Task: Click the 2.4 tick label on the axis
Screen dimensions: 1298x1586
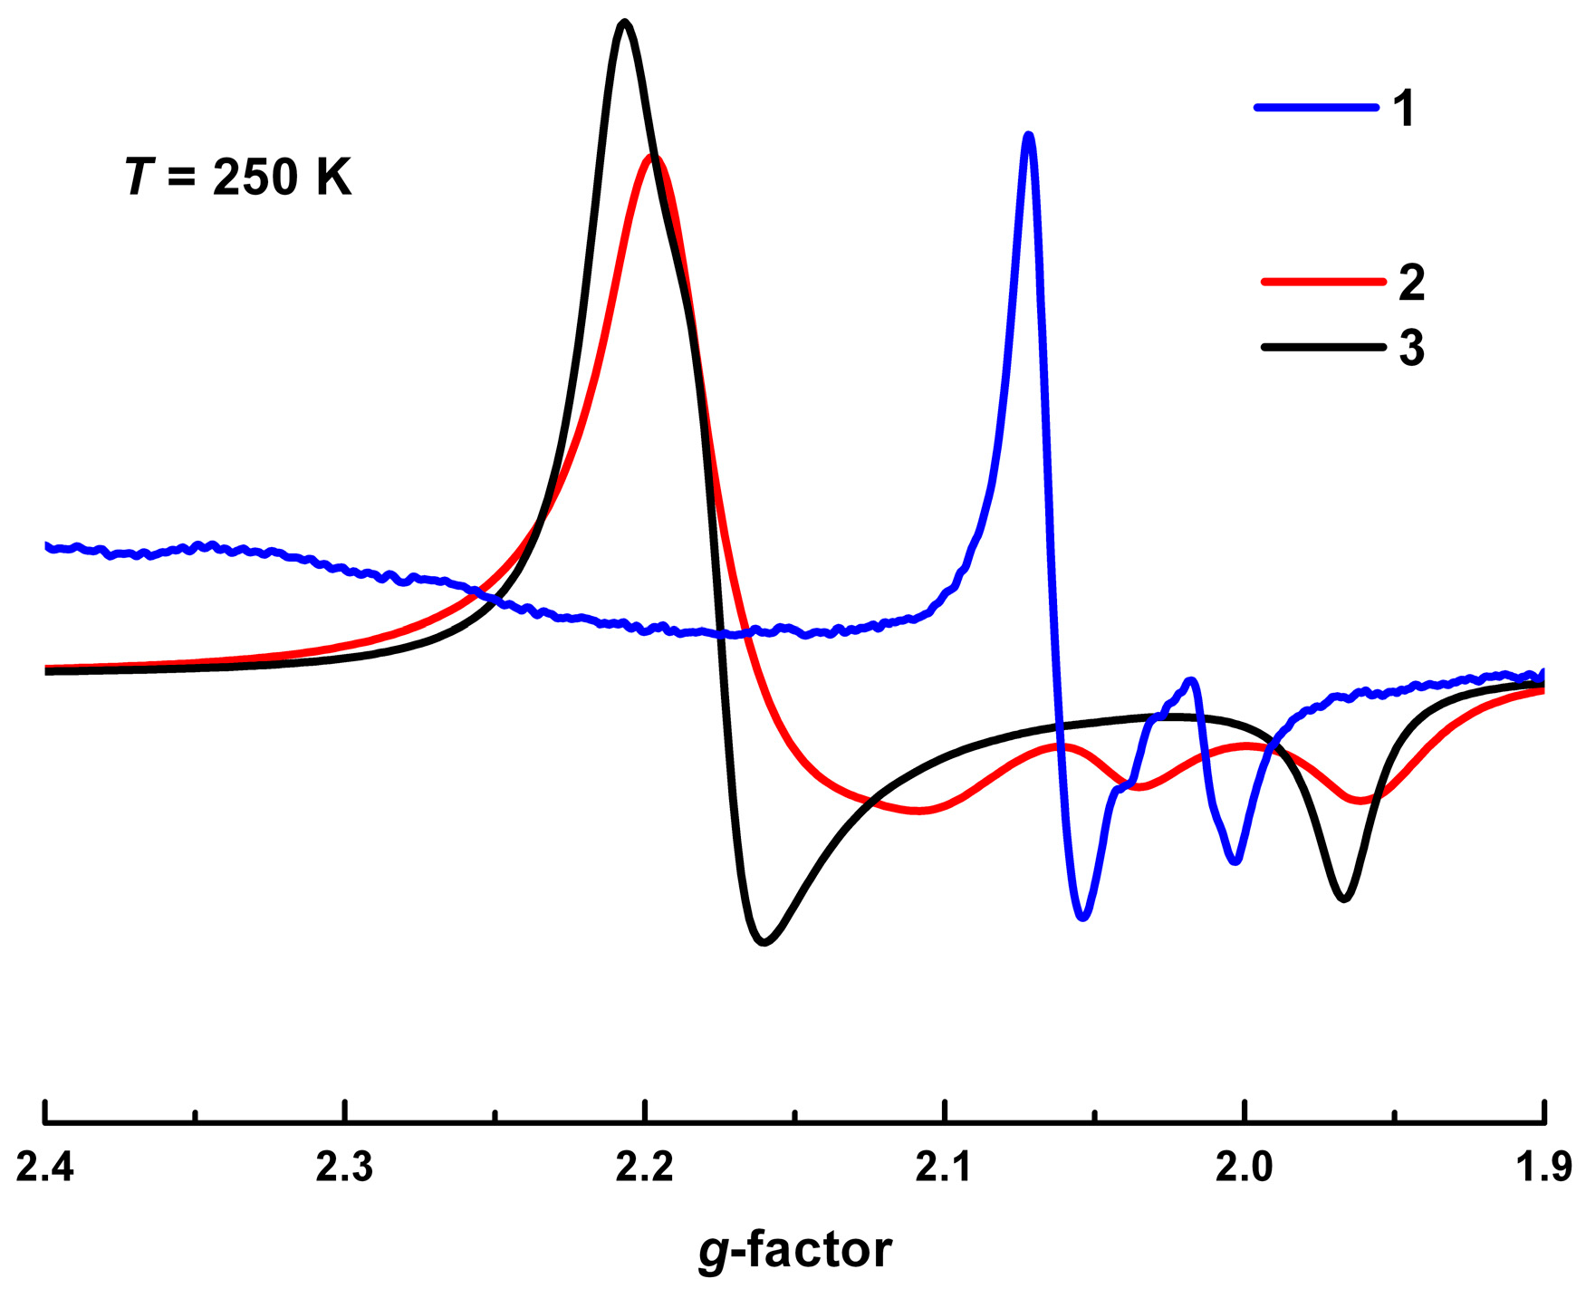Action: point(44,1168)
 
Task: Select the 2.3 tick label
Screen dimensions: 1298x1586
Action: point(344,1168)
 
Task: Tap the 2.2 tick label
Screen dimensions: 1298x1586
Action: point(644,1168)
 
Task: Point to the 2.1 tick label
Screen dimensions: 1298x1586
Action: point(944,1168)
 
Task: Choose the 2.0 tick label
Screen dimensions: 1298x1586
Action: point(1244,1168)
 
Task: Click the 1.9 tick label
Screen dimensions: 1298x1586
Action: point(1545,1168)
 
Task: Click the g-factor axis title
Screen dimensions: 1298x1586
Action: point(794,1251)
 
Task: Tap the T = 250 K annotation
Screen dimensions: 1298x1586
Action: point(238,176)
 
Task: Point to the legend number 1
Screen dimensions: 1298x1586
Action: point(1403,109)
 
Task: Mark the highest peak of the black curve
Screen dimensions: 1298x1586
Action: point(623,22)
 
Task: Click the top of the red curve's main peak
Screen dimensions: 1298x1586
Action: point(652,157)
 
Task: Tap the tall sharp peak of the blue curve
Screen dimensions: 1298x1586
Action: point(1028,136)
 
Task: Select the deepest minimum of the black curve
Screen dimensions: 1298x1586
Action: point(764,943)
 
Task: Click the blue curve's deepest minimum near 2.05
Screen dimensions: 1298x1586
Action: point(1082,918)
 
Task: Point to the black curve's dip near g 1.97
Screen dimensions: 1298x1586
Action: point(1344,898)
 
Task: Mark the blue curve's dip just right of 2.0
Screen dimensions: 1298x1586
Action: point(1235,861)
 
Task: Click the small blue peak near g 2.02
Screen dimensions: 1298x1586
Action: point(1192,680)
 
